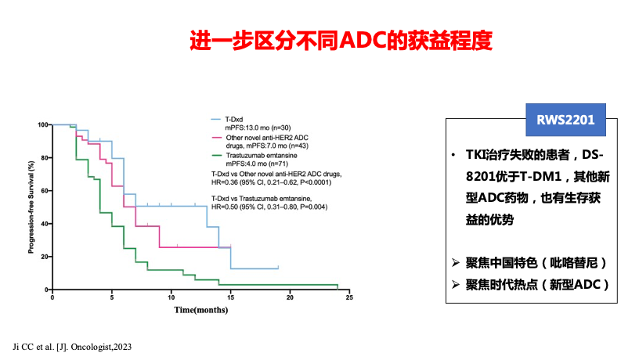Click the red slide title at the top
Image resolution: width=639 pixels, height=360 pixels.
coord(341,41)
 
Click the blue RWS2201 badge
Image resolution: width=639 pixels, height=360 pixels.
coord(565,120)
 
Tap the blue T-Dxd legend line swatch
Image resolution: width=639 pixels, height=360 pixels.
coord(216,119)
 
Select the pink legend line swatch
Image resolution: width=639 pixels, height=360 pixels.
coord(216,138)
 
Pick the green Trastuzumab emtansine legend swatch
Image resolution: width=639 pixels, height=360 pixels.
coord(216,156)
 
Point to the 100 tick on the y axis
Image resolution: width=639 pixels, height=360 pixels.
coord(42,124)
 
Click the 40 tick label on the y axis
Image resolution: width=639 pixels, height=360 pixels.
coord(44,224)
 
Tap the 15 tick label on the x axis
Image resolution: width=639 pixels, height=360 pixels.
coord(231,297)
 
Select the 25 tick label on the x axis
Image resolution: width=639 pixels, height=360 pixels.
coord(349,297)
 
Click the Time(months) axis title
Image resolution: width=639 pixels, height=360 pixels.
coord(201,310)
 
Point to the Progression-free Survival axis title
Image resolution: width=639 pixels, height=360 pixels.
coord(31,207)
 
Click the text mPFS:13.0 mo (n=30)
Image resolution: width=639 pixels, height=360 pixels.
coord(258,128)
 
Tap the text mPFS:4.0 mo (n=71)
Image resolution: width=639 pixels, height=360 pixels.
coord(257,164)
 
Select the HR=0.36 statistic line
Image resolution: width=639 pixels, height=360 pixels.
coord(272,182)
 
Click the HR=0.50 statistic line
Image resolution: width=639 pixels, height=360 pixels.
coord(269,207)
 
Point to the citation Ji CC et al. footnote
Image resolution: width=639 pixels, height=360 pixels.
coord(72,347)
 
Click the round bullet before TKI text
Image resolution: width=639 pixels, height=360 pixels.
coord(453,155)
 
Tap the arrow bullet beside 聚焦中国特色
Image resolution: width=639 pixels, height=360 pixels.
coord(456,263)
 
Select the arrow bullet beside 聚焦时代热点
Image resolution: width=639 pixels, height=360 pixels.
coord(456,284)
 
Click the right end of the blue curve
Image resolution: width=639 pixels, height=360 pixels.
coord(278,268)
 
